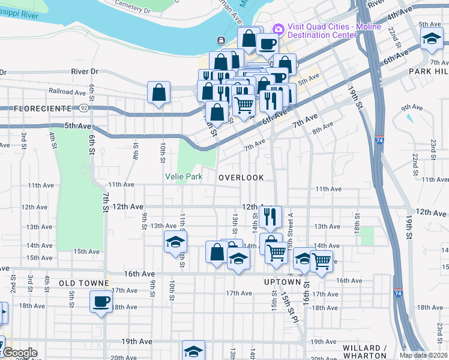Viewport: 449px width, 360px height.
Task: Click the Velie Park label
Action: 184,177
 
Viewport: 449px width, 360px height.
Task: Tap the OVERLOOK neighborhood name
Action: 241,178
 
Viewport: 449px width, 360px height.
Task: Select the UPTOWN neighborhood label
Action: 282,282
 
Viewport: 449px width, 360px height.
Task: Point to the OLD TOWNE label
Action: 83,283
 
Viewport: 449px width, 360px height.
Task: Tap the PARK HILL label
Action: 429,71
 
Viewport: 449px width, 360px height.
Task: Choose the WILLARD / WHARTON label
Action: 364,352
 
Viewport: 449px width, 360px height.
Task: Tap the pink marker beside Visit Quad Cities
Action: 277,29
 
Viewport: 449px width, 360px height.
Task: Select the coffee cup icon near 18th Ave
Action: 101,301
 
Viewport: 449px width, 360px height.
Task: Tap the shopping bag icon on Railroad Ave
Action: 159,92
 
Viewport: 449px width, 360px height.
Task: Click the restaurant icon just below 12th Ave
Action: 271,216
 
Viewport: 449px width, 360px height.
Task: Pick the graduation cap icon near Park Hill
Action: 430,40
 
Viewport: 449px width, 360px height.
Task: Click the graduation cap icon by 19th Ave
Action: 193,350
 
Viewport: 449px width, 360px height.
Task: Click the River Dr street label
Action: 84,71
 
